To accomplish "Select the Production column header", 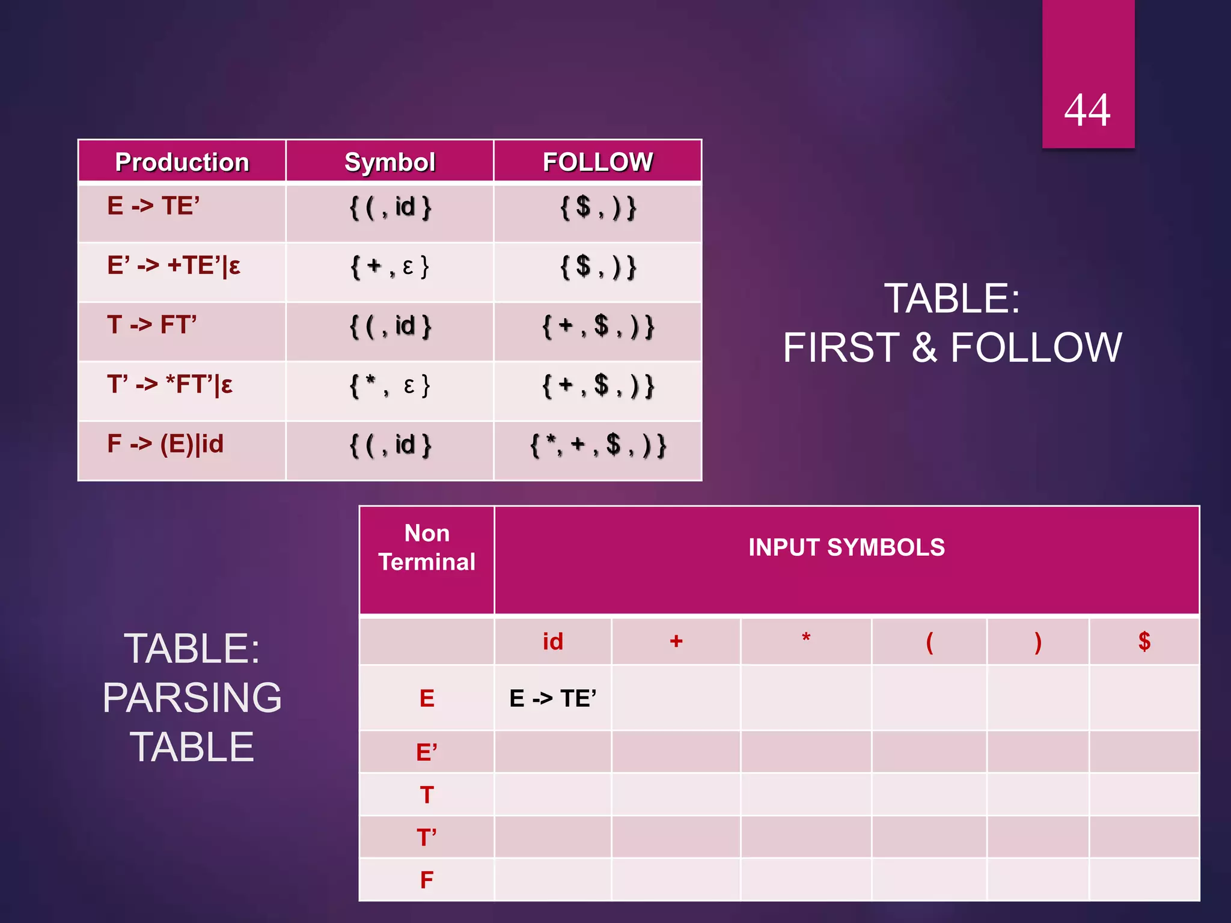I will click(x=182, y=162).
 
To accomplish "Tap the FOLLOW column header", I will click(x=597, y=162).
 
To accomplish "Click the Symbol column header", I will click(x=389, y=162).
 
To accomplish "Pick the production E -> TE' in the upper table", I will click(x=153, y=206).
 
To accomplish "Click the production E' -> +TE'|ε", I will click(x=174, y=266).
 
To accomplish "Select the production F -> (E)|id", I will click(x=165, y=444).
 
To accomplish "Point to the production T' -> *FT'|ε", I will click(x=170, y=385).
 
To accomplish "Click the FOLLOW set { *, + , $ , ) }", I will click(x=597, y=445).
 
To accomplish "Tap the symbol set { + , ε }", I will click(x=389, y=266).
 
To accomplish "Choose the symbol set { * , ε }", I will click(x=389, y=385).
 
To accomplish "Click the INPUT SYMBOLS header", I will click(x=846, y=547).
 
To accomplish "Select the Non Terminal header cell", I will click(x=427, y=547).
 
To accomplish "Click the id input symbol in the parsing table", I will click(x=553, y=642).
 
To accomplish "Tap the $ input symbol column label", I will click(x=1144, y=642).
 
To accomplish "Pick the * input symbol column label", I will click(x=806, y=639).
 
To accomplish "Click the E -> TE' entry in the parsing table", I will click(x=553, y=698).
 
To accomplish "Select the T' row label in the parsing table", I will click(x=427, y=837).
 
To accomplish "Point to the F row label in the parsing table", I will click(x=427, y=880).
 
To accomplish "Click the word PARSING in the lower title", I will click(x=192, y=698).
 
